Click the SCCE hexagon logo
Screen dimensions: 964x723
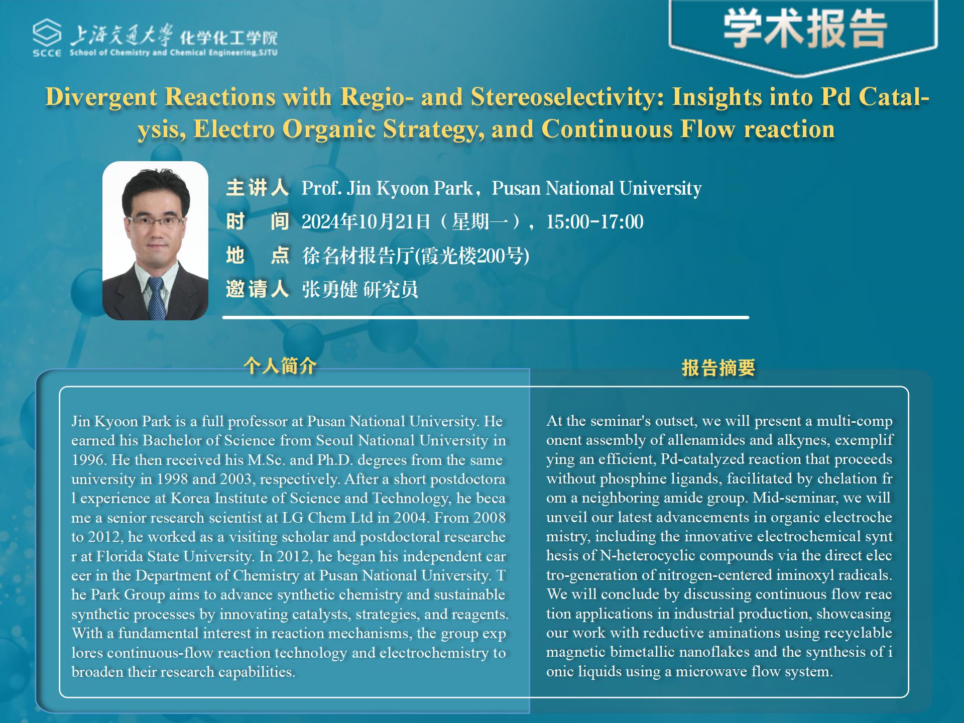[47, 33]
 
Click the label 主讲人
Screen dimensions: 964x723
[257, 188]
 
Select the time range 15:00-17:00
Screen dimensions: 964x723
[594, 222]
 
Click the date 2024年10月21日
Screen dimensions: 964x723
[366, 222]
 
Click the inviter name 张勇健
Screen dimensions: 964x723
[329, 290]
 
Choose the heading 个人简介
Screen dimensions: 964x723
[280, 366]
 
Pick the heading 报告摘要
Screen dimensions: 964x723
[718, 368]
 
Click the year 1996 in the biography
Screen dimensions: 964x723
[89, 460]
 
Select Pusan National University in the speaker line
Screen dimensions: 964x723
[596, 188]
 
